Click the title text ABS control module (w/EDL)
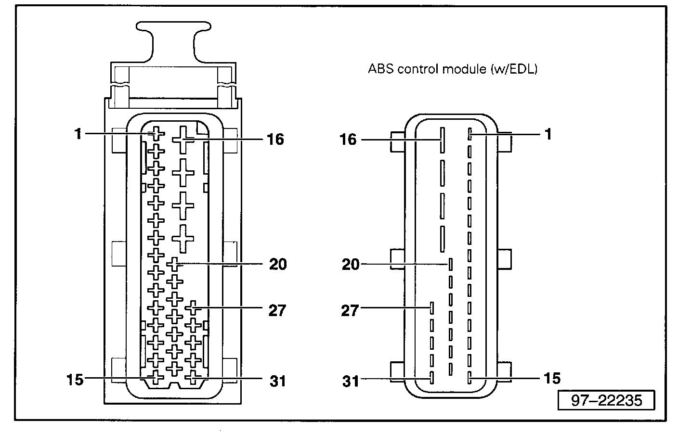[x=453, y=69]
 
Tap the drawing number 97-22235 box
[x=606, y=400]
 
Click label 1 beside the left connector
[x=78, y=134]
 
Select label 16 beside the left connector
[x=275, y=140]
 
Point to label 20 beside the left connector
[x=278, y=264]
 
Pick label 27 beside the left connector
[x=277, y=310]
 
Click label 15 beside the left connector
[x=75, y=380]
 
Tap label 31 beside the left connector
[x=278, y=382]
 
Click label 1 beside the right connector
[x=548, y=134]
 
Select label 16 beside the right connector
[x=348, y=140]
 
